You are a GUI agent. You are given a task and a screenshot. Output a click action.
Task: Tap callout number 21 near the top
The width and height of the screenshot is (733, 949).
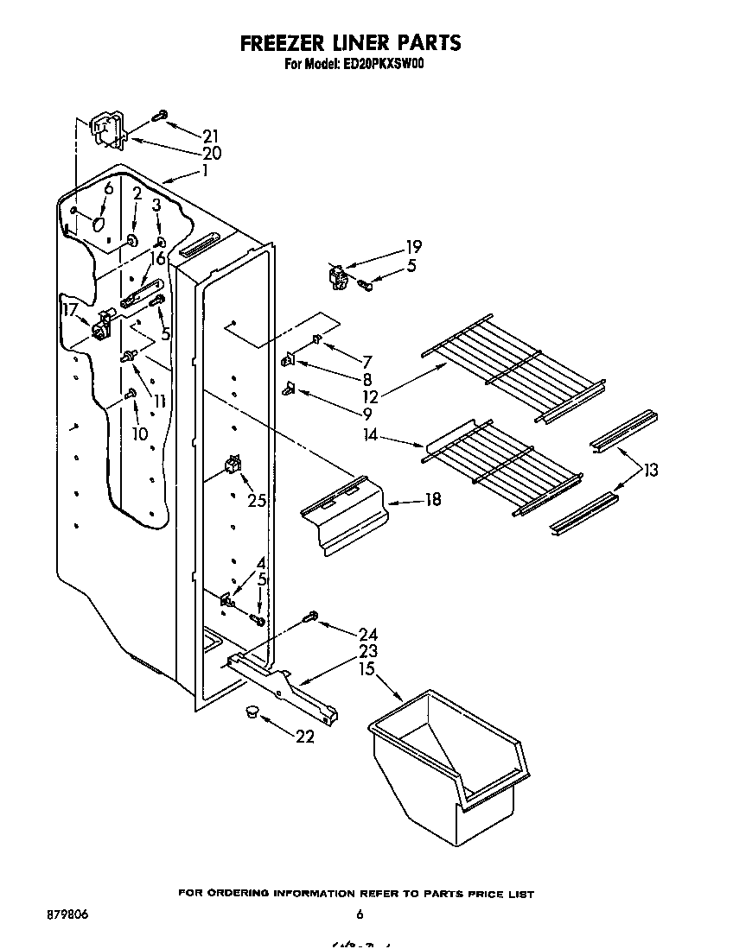210,136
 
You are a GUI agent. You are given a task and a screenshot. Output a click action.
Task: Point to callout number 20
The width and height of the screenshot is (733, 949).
211,154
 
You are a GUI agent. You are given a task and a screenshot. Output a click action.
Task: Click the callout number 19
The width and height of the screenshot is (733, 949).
414,247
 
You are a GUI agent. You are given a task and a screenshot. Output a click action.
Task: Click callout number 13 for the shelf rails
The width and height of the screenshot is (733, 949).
650,470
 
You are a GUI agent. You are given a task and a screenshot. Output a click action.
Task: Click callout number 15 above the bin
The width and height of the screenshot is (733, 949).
369,669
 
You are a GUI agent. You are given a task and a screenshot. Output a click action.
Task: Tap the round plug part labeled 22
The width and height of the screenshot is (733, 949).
252,712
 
